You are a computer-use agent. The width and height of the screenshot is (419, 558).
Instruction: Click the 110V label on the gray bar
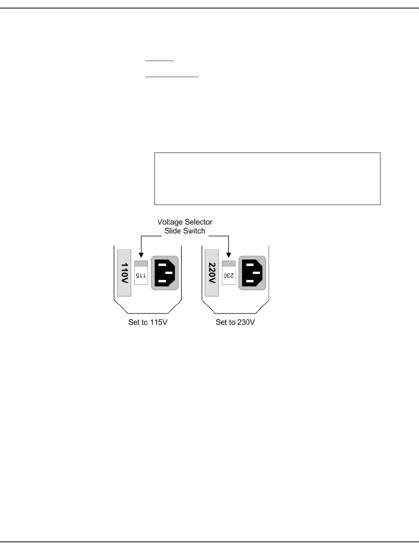(x=124, y=273)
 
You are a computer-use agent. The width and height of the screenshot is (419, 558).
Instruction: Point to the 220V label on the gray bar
(x=211, y=273)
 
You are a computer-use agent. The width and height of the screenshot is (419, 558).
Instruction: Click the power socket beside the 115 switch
(x=165, y=273)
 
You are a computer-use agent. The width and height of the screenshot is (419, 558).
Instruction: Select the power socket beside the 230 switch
(x=252, y=273)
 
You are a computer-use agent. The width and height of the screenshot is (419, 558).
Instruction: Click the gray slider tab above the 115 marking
(x=141, y=263)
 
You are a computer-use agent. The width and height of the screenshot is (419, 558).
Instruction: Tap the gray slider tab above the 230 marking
(x=229, y=263)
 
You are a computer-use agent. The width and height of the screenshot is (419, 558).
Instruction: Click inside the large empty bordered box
(x=267, y=179)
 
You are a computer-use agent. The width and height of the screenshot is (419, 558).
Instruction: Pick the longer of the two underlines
(x=171, y=77)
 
